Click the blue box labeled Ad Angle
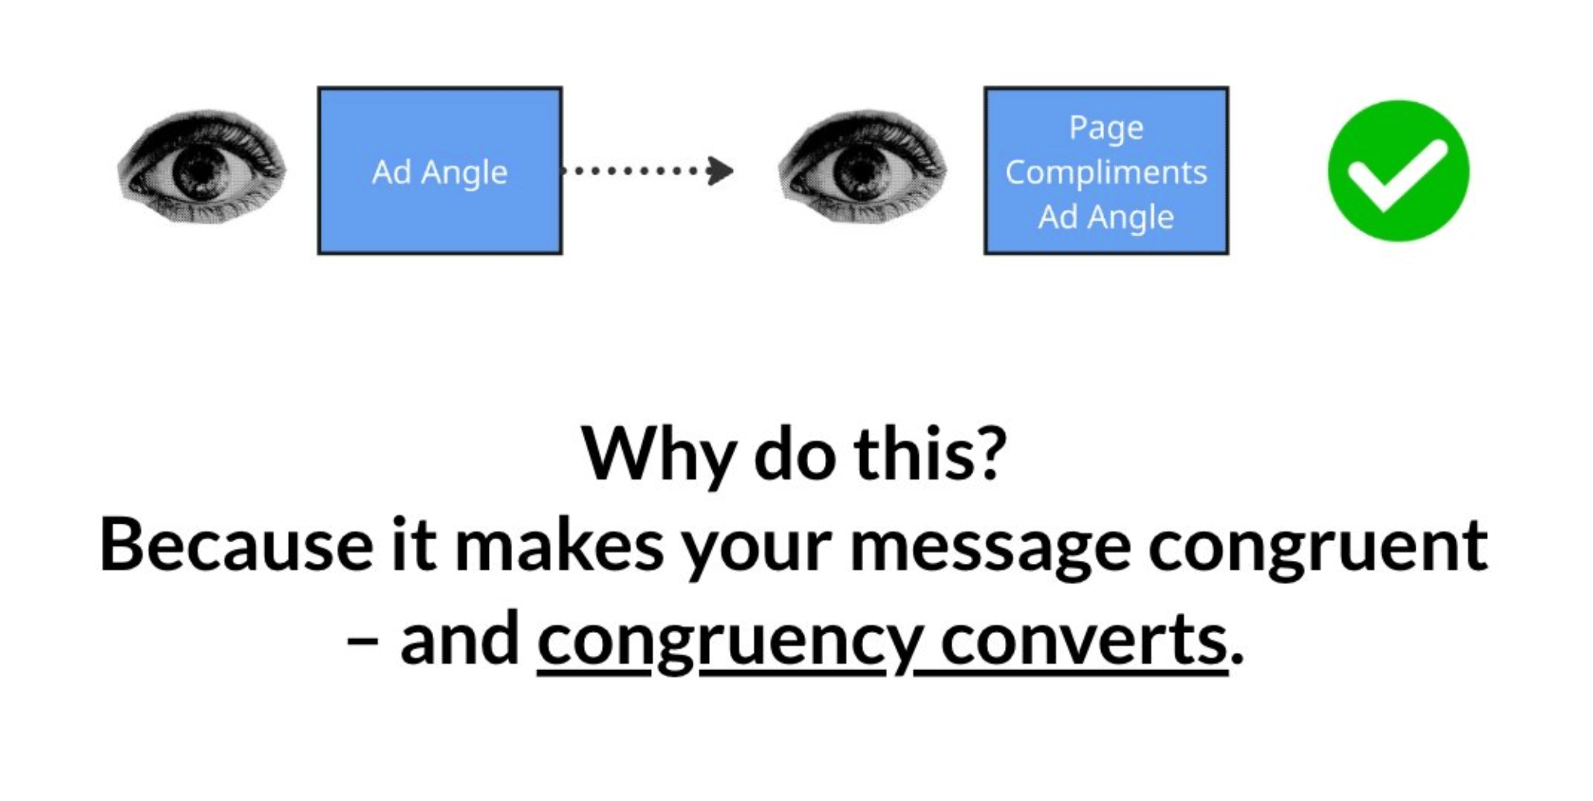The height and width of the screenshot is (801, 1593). pyautogui.click(x=440, y=170)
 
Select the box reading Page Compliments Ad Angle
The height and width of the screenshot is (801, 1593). pyautogui.click(x=1106, y=170)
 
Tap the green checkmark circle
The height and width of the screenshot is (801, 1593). pyautogui.click(x=1399, y=170)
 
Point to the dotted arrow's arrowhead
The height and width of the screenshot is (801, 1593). pyautogui.click(x=721, y=170)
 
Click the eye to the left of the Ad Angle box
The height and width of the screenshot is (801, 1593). pyautogui.click(x=201, y=167)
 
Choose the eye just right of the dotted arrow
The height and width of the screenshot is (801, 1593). pyautogui.click(x=862, y=167)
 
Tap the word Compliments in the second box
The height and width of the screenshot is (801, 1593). pyautogui.click(x=1106, y=173)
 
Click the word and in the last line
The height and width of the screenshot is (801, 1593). pyautogui.click(x=459, y=638)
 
